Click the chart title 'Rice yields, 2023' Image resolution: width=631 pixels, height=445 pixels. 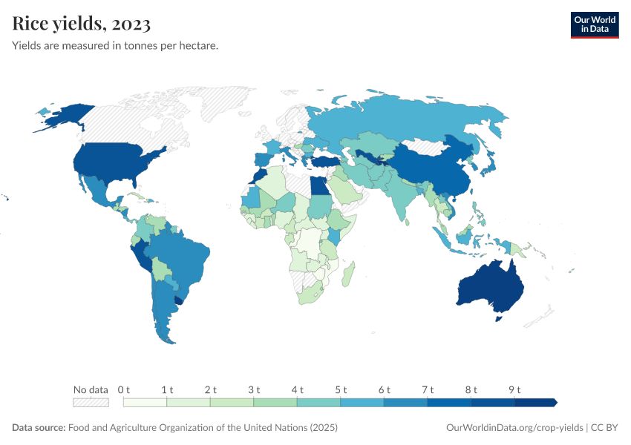click(x=82, y=24)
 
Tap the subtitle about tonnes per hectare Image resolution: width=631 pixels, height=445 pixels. click(x=114, y=46)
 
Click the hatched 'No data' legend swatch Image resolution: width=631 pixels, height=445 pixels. click(x=91, y=402)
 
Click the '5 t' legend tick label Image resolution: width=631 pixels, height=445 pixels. click(x=340, y=389)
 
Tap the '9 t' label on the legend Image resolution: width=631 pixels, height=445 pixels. click(x=514, y=389)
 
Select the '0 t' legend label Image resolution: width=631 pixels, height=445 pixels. click(x=123, y=389)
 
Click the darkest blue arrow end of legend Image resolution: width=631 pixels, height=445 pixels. click(x=552, y=402)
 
